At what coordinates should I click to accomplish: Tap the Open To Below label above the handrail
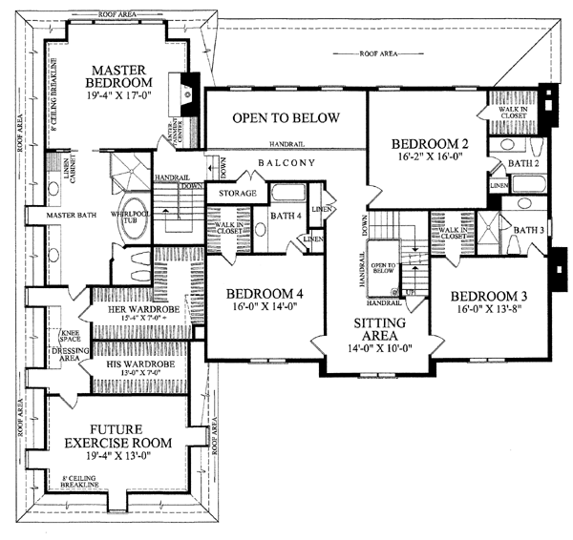tap(286, 118)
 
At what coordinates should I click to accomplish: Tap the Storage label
tap(237, 194)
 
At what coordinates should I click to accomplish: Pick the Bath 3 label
tap(527, 230)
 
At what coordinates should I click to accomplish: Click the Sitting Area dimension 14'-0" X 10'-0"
tap(378, 350)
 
